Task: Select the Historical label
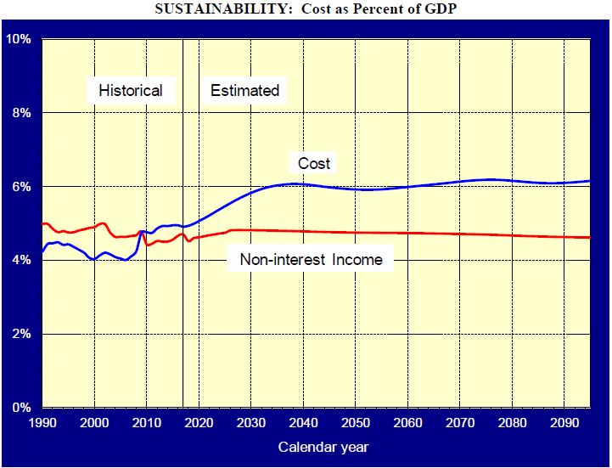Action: (130, 90)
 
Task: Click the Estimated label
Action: (244, 90)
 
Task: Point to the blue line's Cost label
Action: (314, 163)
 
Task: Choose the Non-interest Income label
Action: (311, 260)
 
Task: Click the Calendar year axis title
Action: (323, 446)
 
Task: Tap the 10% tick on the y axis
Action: (19, 40)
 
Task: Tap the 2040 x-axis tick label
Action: (302, 422)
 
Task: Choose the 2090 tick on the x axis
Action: (563, 422)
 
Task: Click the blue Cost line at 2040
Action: (302, 183)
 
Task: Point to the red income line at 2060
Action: (407, 233)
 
